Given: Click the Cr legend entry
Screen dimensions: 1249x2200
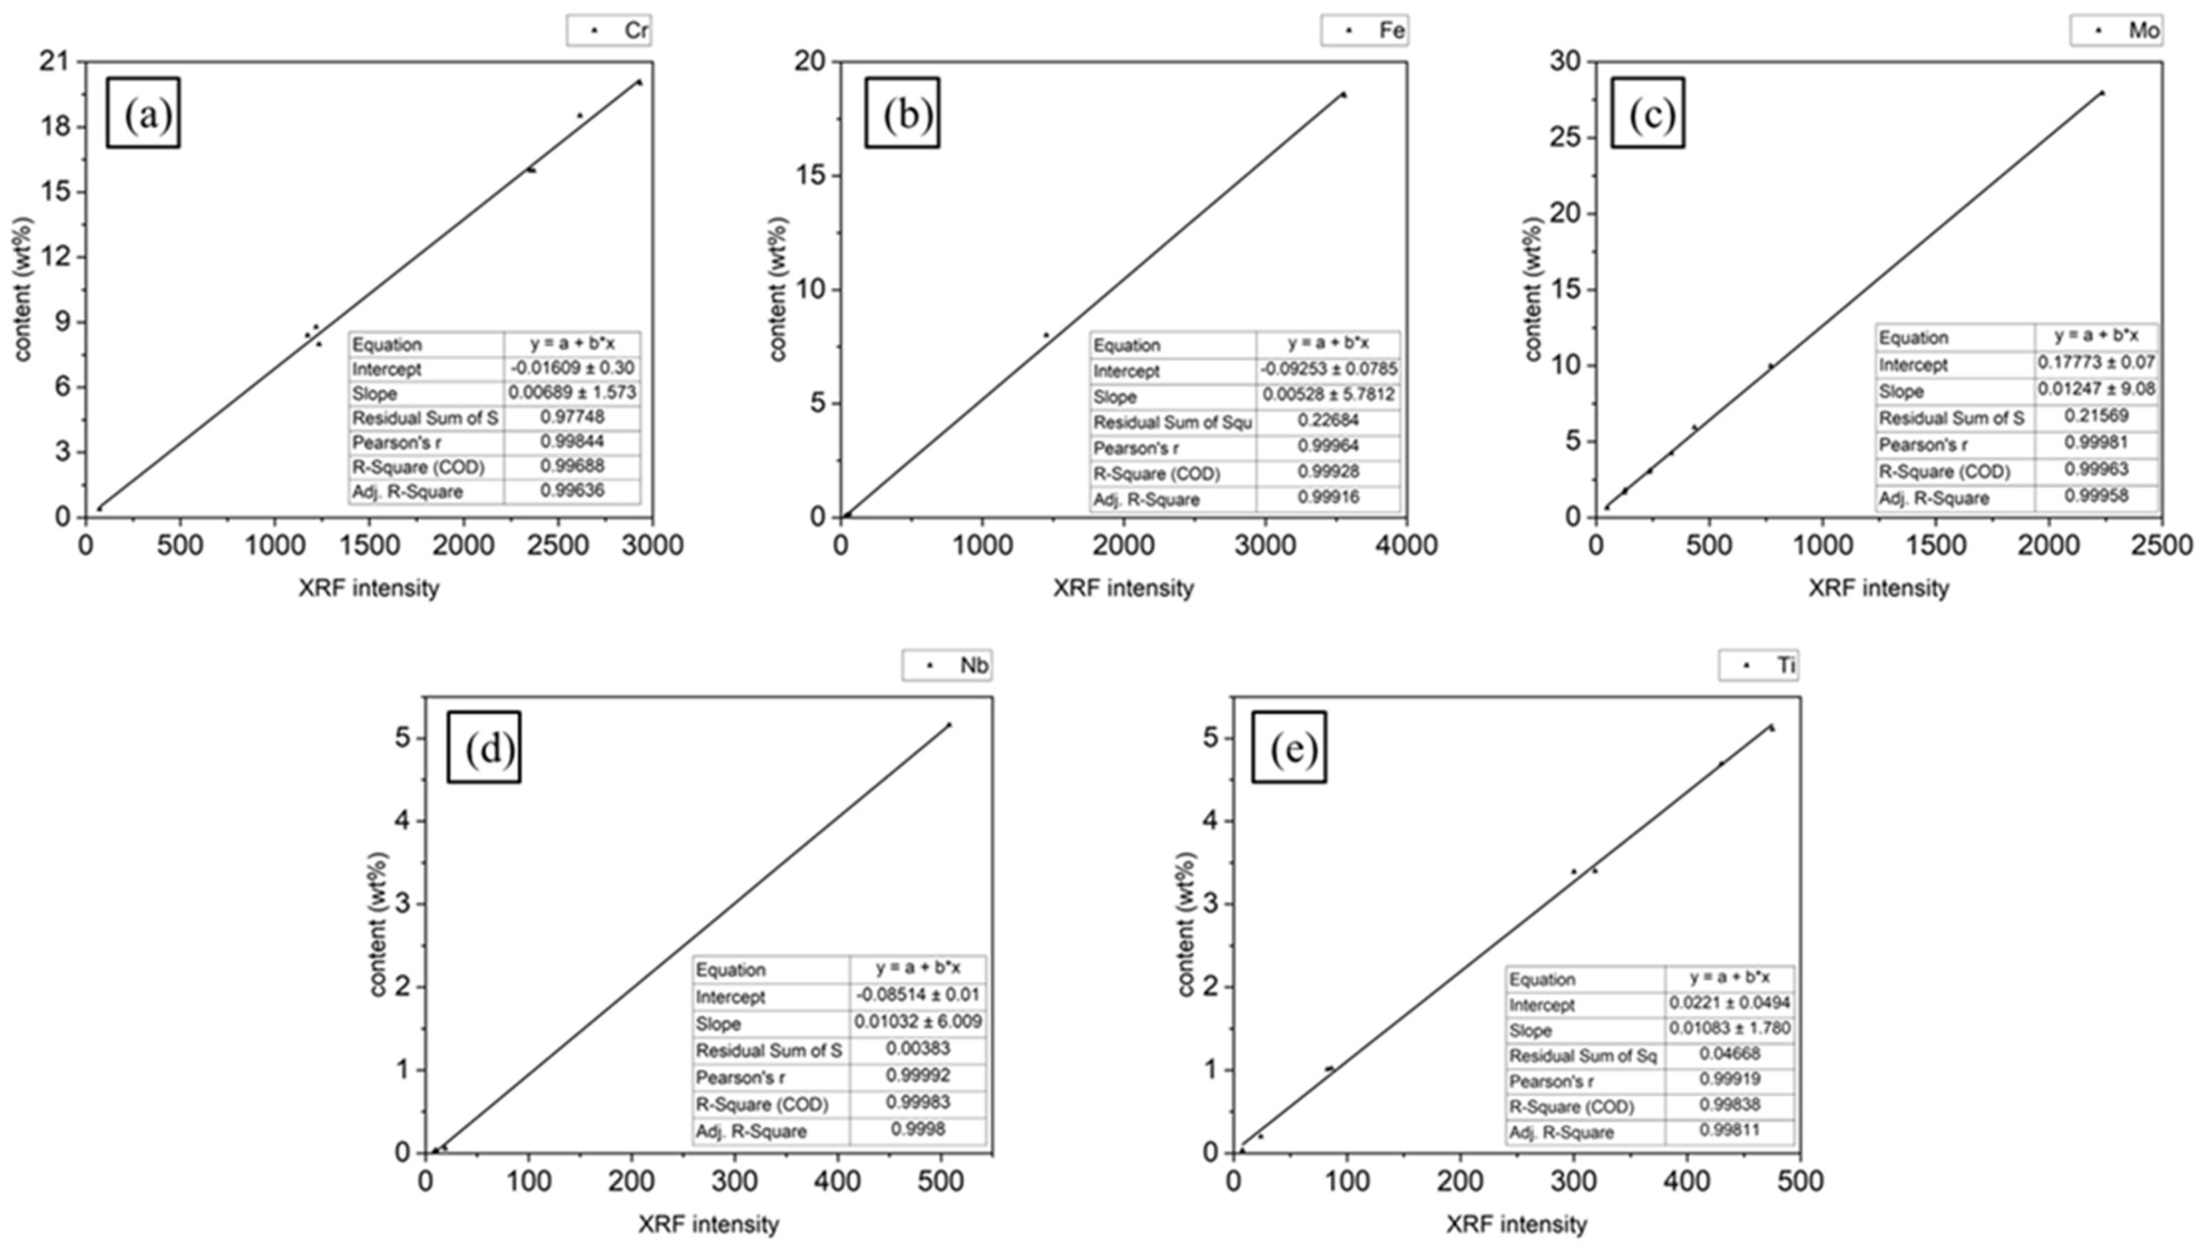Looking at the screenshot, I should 609,31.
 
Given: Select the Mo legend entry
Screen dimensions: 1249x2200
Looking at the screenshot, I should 2116,31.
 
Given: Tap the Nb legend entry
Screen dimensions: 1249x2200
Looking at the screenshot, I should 947,665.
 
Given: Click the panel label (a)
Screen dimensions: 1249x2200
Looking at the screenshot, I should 143,113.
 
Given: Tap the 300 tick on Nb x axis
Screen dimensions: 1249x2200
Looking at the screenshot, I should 734,1181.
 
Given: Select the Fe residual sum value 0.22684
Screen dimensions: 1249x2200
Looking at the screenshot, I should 1327,420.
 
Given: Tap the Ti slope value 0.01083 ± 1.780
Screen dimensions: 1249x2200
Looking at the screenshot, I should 1729,1028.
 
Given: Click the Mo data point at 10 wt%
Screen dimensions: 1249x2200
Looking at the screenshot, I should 1770,365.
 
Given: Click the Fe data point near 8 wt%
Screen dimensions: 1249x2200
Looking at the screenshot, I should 1046,335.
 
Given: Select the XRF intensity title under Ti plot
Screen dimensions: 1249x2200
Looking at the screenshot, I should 1516,1224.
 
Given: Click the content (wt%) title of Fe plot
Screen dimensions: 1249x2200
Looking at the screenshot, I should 777,289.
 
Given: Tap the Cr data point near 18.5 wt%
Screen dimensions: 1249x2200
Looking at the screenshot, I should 580,115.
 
